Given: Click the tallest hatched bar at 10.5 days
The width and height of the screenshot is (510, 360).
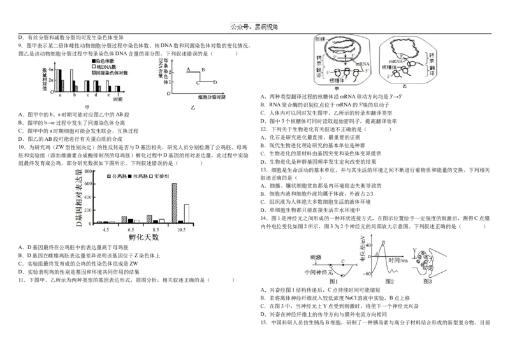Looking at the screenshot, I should coord(174,203).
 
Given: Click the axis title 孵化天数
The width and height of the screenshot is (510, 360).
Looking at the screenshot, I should coord(144,237).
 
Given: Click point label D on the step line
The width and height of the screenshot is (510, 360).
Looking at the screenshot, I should coord(215,82).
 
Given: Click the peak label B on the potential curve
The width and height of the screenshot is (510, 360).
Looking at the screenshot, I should coord(383,242).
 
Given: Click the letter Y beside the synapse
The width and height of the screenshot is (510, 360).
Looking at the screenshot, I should coord(414,250).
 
